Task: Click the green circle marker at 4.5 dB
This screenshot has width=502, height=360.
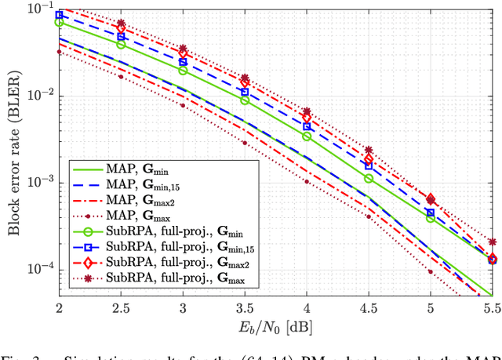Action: [x=369, y=179]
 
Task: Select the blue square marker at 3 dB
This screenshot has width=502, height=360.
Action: [x=183, y=61]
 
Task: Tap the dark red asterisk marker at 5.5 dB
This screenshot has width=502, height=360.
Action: [x=492, y=242]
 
